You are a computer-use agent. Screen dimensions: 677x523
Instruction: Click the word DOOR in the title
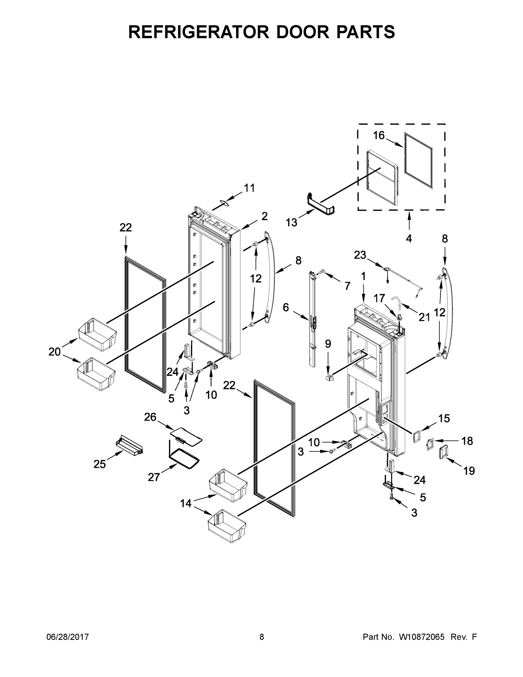point(302,32)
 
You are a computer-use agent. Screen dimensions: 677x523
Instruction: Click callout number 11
point(249,188)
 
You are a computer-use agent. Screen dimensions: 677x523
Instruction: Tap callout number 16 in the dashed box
point(379,135)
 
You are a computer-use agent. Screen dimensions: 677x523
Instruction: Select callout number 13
point(291,222)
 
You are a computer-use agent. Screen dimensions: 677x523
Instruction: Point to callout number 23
point(360,255)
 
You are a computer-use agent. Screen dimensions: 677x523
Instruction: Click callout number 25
point(100,464)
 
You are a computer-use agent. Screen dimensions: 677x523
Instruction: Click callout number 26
point(150,417)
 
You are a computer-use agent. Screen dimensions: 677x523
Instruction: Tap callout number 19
point(469,471)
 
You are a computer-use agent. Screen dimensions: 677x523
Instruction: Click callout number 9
point(328,344)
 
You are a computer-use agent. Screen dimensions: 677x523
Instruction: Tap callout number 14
point(186,504)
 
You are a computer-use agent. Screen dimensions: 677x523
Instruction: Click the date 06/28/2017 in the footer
point(68,637)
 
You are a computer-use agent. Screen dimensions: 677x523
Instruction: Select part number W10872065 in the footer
point(422,637)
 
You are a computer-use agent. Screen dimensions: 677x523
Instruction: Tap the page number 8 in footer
point(262,637)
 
